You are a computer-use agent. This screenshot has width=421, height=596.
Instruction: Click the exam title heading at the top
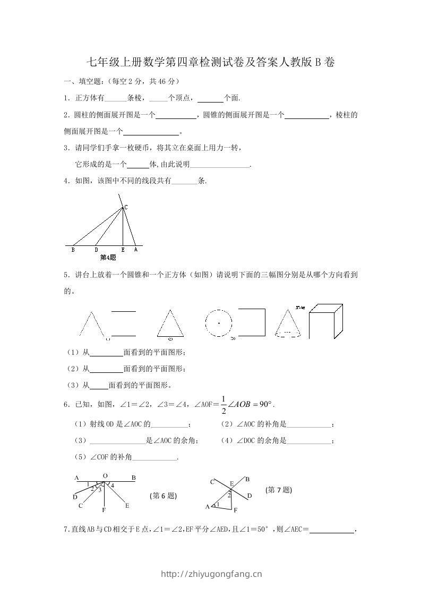[x=210, y=63]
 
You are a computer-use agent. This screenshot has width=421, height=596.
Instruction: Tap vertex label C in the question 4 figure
[x=126, y=207]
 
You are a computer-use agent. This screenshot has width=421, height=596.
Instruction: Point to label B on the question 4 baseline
[x=73, y=250]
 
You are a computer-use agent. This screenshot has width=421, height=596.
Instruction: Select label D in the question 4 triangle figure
[x=96, y=250]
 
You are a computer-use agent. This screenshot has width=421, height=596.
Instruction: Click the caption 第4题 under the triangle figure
[x=108, y=258]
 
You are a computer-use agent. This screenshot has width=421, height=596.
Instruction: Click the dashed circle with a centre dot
[x=219, y=322]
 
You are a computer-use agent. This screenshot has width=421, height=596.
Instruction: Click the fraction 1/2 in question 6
[x=224, y=404]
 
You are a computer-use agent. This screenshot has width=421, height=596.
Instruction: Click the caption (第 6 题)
[x=164, y=496]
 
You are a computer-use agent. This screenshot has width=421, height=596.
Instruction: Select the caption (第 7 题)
[x=279, y=490]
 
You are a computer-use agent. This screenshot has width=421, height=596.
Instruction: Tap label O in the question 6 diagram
[x=105, y=476]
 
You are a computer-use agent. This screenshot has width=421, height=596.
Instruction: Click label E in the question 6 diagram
[x=127, y=505]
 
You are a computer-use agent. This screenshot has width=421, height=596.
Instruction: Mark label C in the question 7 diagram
[x=212, y=482]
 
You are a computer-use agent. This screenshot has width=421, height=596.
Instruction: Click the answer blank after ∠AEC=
[x=331, y=529]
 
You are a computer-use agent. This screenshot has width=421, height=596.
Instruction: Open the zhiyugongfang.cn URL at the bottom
[x=211, y=574]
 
